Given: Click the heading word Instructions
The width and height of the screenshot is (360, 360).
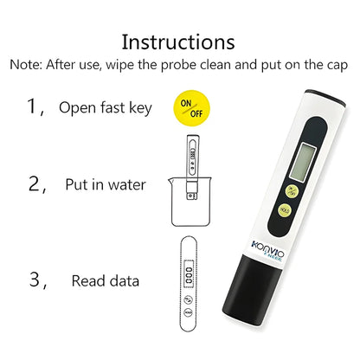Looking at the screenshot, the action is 178,42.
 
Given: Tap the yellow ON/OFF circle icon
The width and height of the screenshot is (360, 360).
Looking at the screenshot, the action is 191,108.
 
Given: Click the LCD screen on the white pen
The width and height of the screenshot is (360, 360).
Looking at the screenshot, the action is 303,162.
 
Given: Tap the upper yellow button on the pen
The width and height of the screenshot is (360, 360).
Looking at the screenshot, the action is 292,191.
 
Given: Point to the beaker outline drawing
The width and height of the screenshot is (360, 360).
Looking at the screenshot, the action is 190,202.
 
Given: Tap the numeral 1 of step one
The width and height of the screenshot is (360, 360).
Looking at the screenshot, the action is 31,106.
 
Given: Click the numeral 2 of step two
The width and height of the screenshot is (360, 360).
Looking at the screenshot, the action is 34,183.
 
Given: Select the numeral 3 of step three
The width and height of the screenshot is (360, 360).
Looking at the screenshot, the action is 35,279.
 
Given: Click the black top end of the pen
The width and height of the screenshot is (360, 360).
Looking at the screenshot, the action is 325,97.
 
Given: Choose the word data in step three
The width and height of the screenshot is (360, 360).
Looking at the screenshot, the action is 125,280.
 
